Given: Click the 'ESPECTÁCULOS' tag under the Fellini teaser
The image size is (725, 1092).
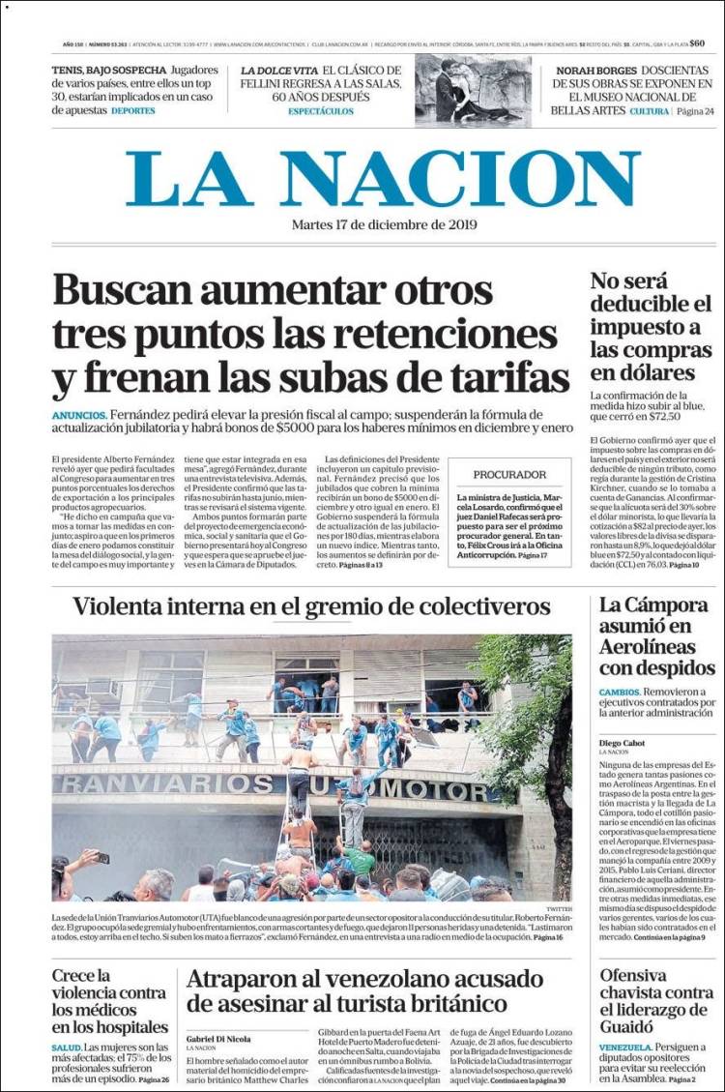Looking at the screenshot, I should [x=321, y=111].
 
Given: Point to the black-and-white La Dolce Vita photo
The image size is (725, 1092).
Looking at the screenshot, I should [x=474, y=91].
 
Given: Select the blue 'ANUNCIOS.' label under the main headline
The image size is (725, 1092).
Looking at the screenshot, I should [x=79, y=414].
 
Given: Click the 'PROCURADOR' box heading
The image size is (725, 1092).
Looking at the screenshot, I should [x=509, y=475].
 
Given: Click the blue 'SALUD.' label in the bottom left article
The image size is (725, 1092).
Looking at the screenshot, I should [x=67, y=1048].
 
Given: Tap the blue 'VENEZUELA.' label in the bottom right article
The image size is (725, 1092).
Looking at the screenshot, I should [x=624, y=1048].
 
